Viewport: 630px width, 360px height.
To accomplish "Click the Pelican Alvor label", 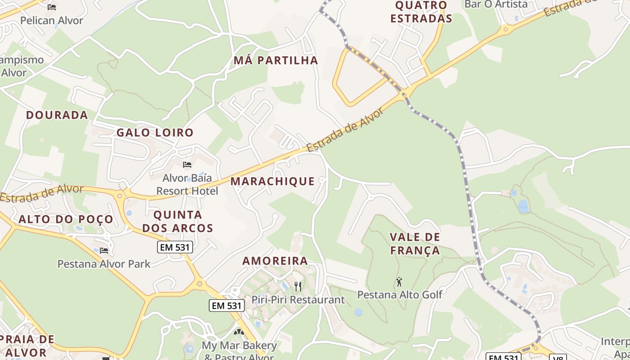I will (52, 20).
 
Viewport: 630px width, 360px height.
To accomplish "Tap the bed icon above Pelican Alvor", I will (52, 7).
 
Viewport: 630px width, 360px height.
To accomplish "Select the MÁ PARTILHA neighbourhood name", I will (276, 60).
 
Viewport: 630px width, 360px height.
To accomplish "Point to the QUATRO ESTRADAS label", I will (421, 12).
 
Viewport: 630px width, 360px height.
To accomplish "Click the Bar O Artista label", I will (496, 4).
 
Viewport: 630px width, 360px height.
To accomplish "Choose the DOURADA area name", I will (57, 115).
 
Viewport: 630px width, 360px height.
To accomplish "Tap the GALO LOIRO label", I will (155, 132).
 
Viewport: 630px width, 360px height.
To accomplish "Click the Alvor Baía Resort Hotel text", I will (187, 184).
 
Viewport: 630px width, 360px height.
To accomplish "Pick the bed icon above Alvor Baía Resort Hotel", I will (187, 165).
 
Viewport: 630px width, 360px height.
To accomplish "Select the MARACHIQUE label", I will (273, 181).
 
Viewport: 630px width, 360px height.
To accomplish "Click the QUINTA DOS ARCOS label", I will (178, 221).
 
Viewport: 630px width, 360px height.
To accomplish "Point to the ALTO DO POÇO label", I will (66, 219).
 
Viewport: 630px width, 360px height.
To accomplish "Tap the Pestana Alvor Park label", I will (104, 263).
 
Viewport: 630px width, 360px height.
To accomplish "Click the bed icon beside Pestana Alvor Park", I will (104, 250).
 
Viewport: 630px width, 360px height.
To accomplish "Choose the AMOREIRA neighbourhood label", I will (275, 261).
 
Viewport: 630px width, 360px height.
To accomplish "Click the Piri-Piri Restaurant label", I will (298, 299).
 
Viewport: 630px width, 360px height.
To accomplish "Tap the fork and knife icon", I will (297, 286).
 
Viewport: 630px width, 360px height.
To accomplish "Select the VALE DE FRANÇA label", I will (415, 243).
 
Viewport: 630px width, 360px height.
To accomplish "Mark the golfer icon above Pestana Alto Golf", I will (399, 282).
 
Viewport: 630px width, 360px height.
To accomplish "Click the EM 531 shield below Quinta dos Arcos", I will (175, 247).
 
